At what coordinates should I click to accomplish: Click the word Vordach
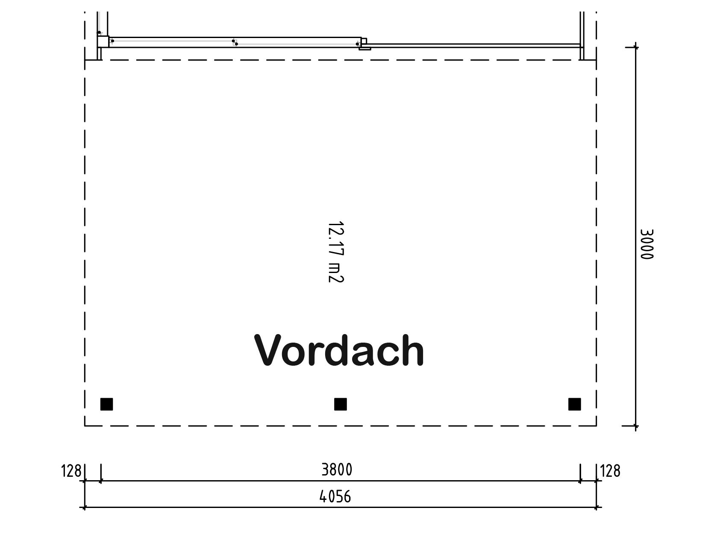[x=339, y=350]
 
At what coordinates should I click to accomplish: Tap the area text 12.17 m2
[x=336, y=252]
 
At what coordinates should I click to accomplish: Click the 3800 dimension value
[x=337, y=470]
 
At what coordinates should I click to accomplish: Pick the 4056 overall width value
[x=335, y=496]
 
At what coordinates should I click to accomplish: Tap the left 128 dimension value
[x=71, y=471]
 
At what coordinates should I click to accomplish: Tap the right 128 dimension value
[x=610, y=471]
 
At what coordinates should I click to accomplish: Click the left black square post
[x=106, y=404]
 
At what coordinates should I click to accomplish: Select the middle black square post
[x=341, y=404]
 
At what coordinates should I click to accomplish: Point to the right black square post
[x=575, y=404]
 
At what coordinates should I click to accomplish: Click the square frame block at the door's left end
[x=103, y=41]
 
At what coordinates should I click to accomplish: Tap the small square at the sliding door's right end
[x=364, y=41]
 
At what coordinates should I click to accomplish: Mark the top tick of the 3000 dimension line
[x=636, y=47]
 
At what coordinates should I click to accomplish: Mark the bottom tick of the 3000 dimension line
[x=636, y=426]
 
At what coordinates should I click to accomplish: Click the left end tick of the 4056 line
[x=85, y=508]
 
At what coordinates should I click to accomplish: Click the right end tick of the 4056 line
[x=597, y=508]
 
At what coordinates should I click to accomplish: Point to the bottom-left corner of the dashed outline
[x=85, y=426]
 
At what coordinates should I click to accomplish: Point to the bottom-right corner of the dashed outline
[x=597, y=426]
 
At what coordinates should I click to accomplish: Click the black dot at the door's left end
[x=112, y=41]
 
